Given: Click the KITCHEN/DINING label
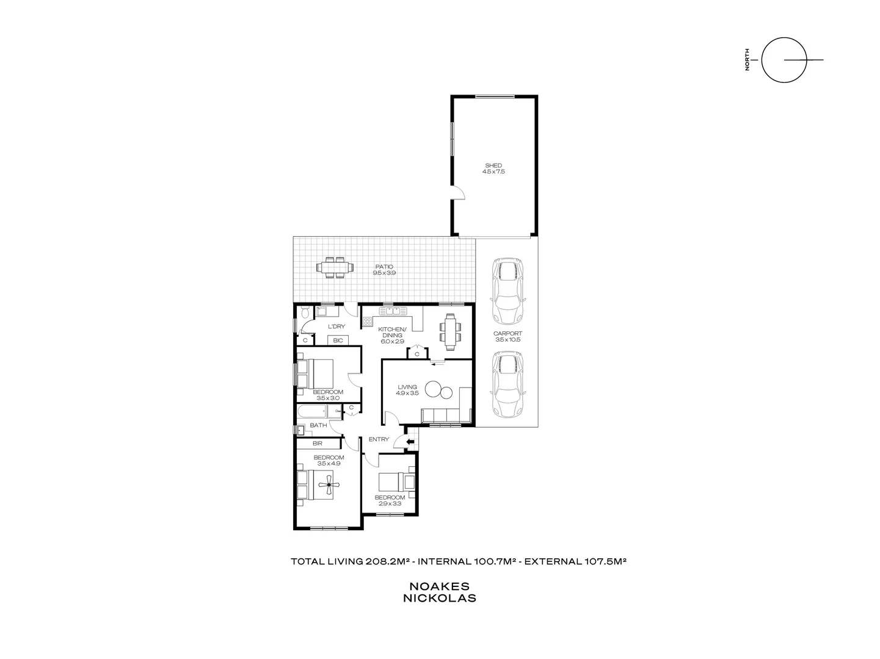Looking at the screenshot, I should pos(393,331).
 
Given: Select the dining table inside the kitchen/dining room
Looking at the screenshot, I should pos(450,332).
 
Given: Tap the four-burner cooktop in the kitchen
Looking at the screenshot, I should pos(368,321).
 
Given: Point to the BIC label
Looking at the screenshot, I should pos(338,340).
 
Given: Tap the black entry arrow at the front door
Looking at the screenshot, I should pos(410,441).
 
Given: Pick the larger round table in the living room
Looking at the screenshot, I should pos(434,389).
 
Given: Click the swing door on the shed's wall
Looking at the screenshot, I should pos(459,193).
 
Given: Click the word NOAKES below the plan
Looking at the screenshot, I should pos(439,586).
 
